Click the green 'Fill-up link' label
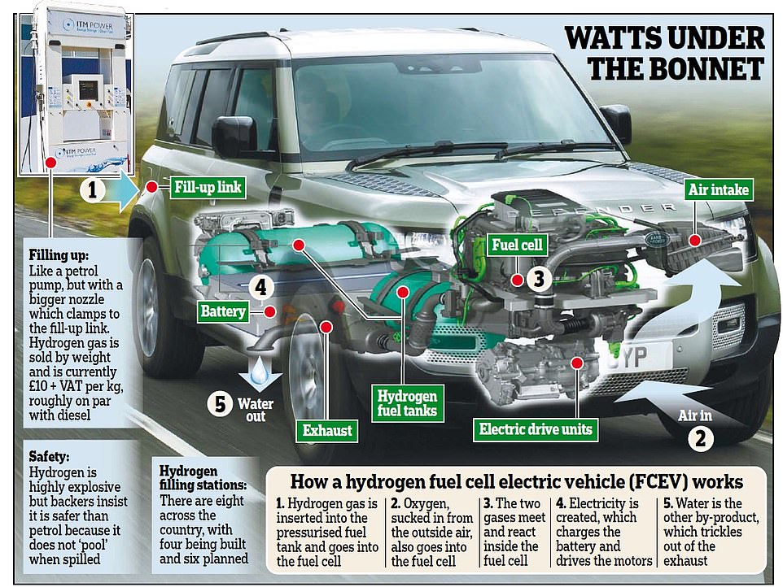[208, 187]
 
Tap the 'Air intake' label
[718, 189]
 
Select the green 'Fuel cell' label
[517, 245]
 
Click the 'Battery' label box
[223, 311]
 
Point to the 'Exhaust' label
[327, 430]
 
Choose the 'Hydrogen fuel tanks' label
[407, 403]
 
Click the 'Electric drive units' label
[536, 429]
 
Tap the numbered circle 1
[93, 190]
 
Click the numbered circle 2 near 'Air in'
[701, 439]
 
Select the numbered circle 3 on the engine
[539, 278]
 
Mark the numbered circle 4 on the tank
[260, 287]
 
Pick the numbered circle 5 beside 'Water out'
[221, 404]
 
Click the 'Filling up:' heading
[59, 254]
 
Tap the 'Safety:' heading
[49, 456]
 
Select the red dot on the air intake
[694, 241]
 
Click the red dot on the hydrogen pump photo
[50, 163]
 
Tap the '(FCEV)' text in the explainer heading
[658, 482]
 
